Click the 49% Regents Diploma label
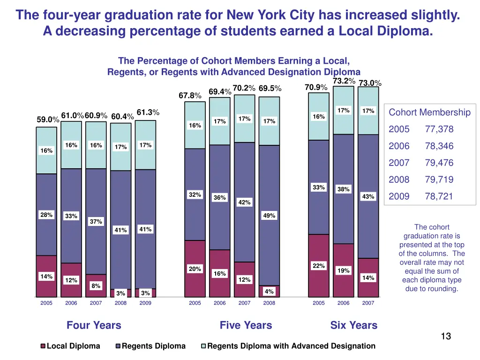[269, 216]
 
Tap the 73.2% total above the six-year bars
[344, 81]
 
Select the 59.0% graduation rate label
[48, 120]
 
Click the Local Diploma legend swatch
[43, 346]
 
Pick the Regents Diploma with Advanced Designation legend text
[291, 346]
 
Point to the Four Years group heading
[94, 325]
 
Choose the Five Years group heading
[246, 325]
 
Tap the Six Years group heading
[353, 325]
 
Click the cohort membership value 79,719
[439, 180]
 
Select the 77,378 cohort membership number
[439, 129]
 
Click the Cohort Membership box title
[429, 112]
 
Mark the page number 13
[446, 336]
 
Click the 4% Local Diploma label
[269, 292]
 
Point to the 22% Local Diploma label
[319, 266]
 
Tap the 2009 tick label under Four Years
[145, 303]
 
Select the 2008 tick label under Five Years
[269, 303]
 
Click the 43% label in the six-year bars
[368, 197]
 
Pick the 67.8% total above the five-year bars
[190, 96]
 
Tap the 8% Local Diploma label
[96, 286]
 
